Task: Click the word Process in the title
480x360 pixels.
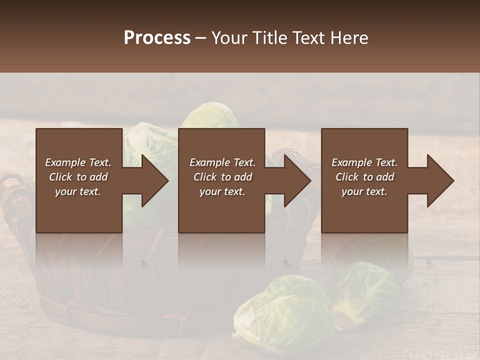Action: click(157, 38)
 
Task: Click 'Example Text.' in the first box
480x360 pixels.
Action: click(78, 162)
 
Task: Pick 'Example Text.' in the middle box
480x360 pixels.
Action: click(222, 162)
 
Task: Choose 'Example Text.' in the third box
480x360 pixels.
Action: click(364, 162)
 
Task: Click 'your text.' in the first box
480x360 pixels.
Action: click(78, 191)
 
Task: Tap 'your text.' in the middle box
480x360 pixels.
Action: click(222, 191)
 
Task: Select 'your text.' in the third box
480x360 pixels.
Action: click(364, 191)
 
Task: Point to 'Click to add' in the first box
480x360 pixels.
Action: click(78, 177)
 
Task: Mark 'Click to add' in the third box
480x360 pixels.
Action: click(364, 177)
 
